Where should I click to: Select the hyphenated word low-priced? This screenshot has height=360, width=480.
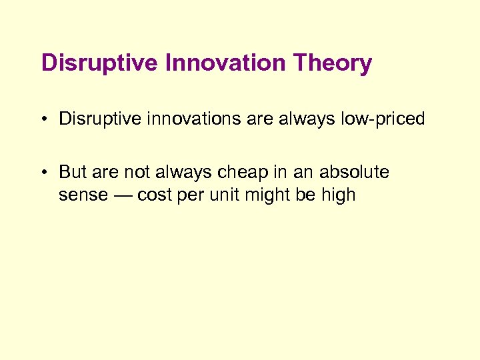(x=381, y=119)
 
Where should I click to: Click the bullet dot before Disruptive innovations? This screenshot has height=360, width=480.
(x=43, y=119)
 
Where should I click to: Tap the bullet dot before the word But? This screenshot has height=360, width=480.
(x=43, y=173)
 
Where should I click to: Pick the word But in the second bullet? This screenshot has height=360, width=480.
(x=73, y=172)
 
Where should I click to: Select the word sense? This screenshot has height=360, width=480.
(x=81, y=195)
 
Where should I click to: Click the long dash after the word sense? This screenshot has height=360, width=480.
(x=120, y=195)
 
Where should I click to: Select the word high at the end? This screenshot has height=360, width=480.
(x=337, y=195)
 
